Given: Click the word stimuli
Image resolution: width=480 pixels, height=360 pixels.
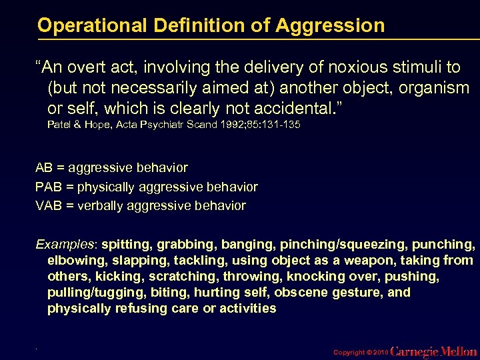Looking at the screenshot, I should coord(413,68).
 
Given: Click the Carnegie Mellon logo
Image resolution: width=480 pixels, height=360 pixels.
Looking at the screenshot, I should coord(433,351).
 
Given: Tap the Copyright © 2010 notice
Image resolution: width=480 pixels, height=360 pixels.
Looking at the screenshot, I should coord(359,351).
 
